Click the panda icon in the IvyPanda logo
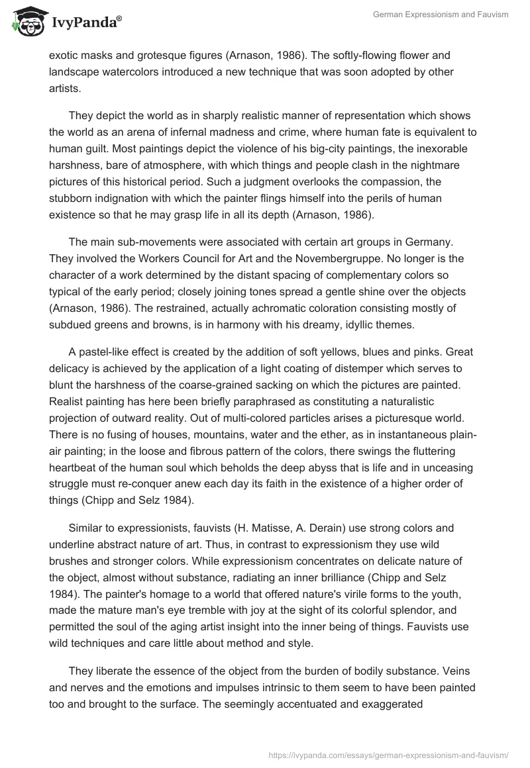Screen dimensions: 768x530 [x=26, y=22]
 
